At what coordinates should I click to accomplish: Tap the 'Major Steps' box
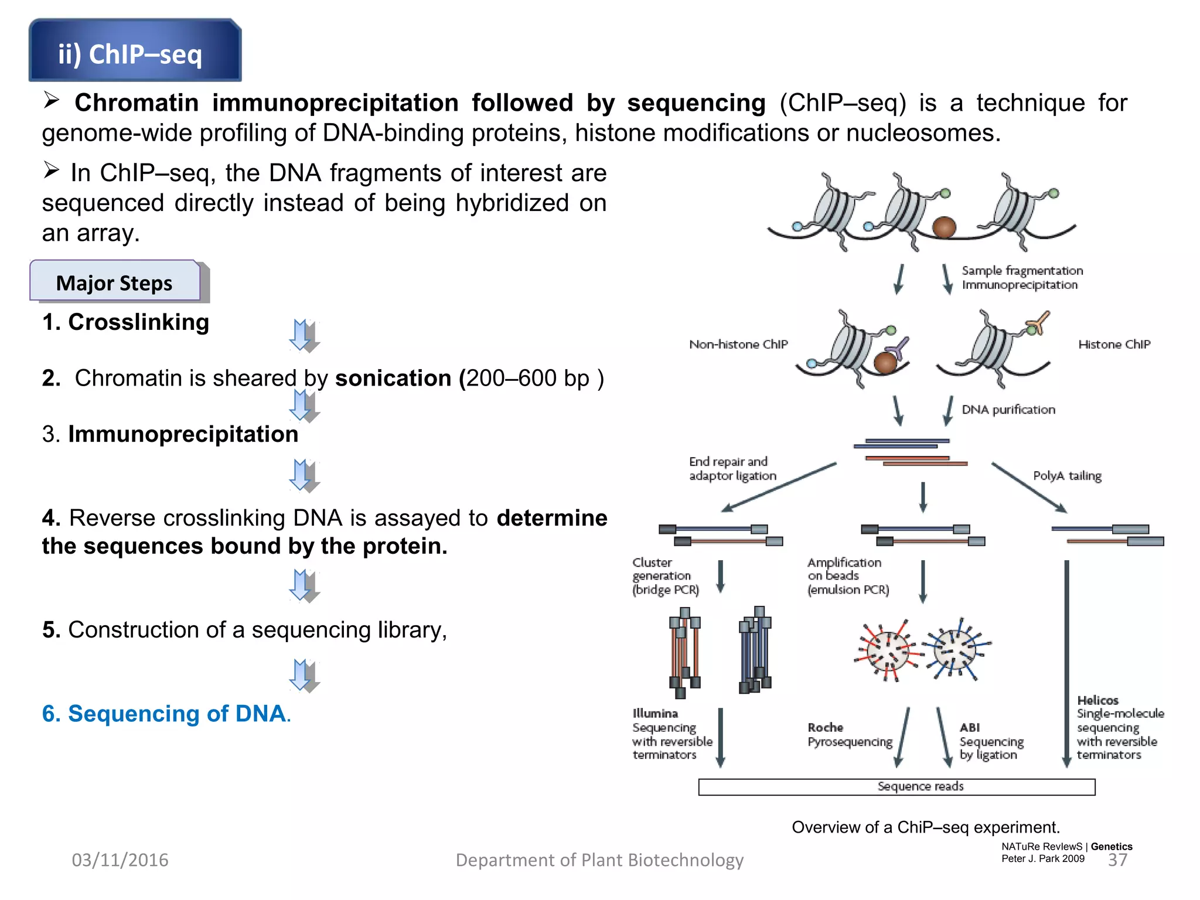(115, 282)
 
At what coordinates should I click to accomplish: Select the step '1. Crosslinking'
(125, 322)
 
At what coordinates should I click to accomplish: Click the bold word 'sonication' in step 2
(393, 379)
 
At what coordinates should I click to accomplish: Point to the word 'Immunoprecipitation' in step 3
(183, 435)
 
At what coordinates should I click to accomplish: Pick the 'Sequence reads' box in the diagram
(896, 787)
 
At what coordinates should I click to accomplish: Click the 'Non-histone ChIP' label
(738, 345)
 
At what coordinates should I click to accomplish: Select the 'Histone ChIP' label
(1114, 345)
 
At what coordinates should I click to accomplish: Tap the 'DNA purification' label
(1008, 410)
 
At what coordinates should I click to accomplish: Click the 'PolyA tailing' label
(1067, 476)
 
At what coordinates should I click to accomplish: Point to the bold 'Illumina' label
(655, 714)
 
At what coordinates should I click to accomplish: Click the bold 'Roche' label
(825, 728)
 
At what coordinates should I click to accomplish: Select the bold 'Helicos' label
(1097, 700)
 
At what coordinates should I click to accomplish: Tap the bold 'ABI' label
(969, 728)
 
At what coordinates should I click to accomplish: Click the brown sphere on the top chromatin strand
(944, 227)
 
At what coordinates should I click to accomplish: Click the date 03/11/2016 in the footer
(120, 860)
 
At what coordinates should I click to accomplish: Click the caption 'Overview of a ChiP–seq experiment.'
(926, 827)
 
